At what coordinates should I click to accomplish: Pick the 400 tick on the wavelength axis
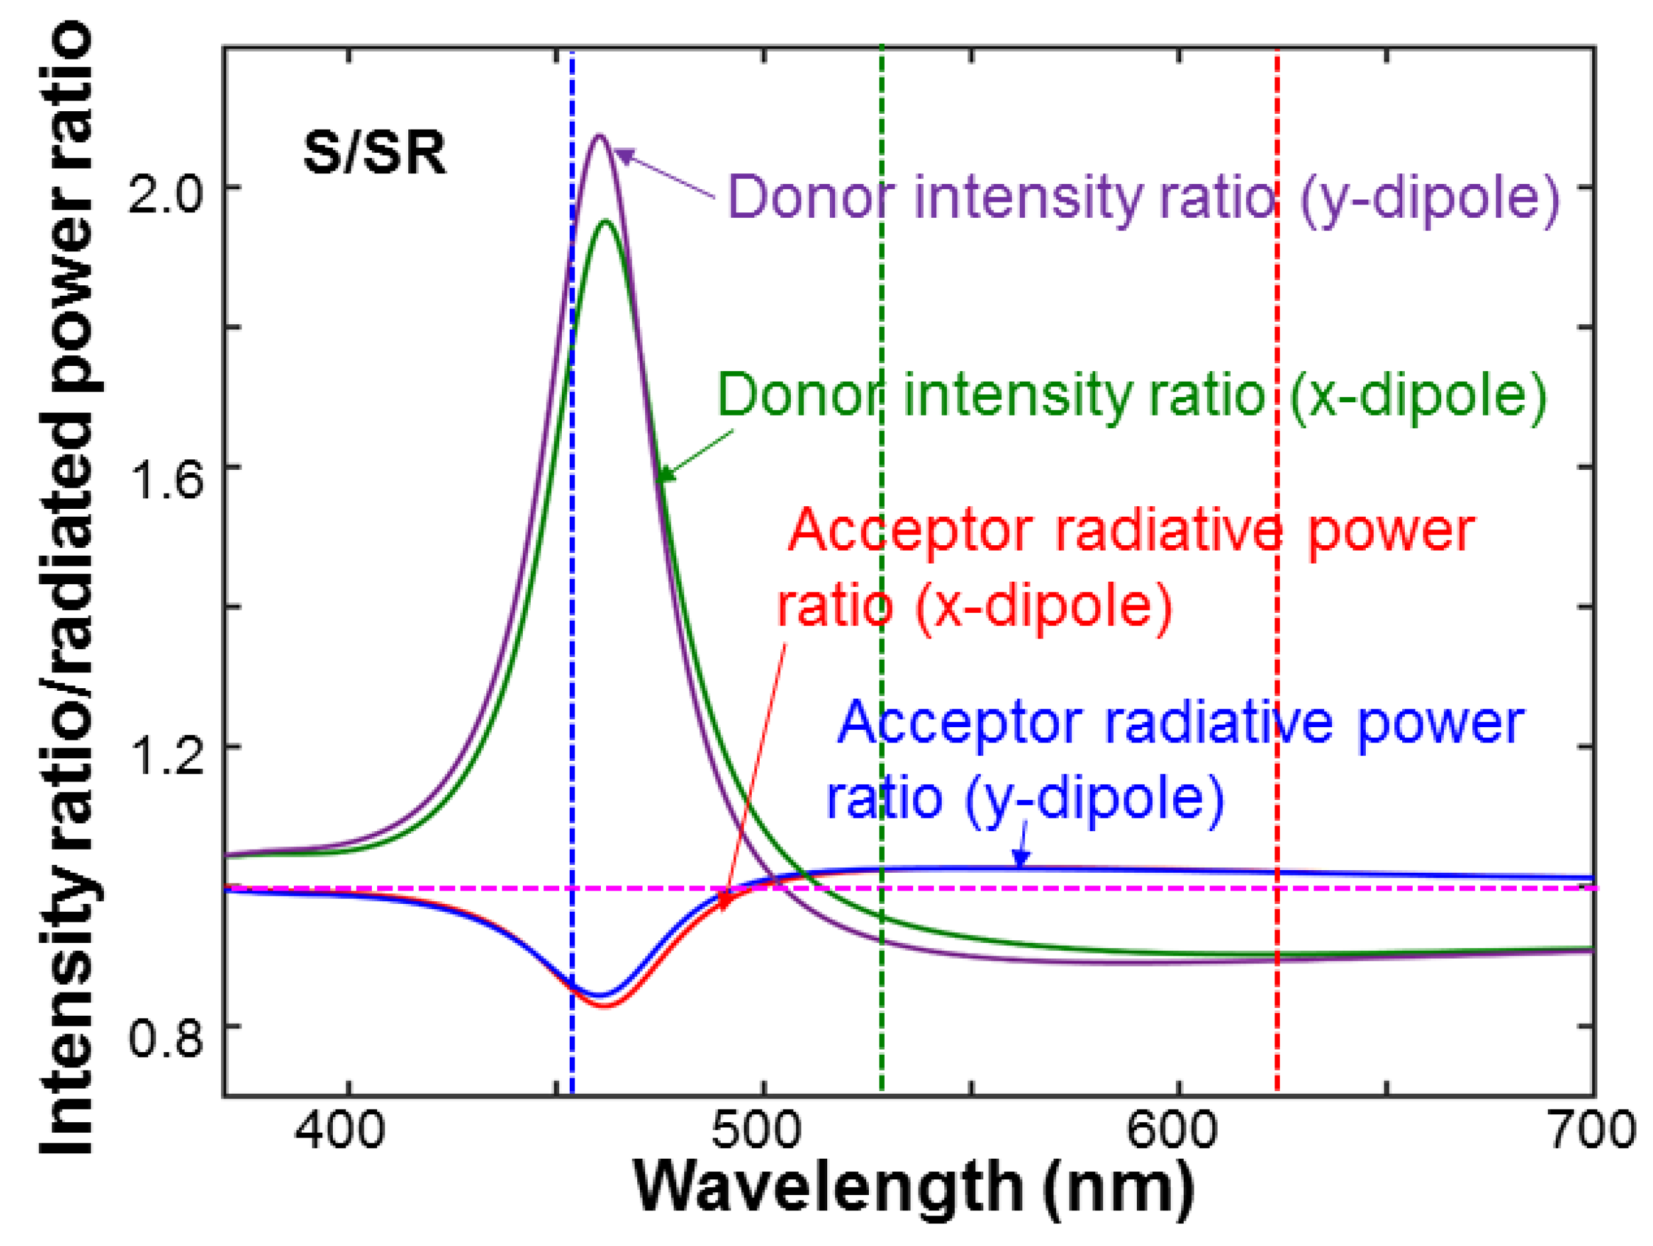point(339,1130)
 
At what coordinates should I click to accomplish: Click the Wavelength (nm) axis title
point(913,1188)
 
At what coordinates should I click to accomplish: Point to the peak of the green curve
point(605,220)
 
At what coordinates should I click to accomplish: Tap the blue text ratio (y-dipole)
point(1024,798)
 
